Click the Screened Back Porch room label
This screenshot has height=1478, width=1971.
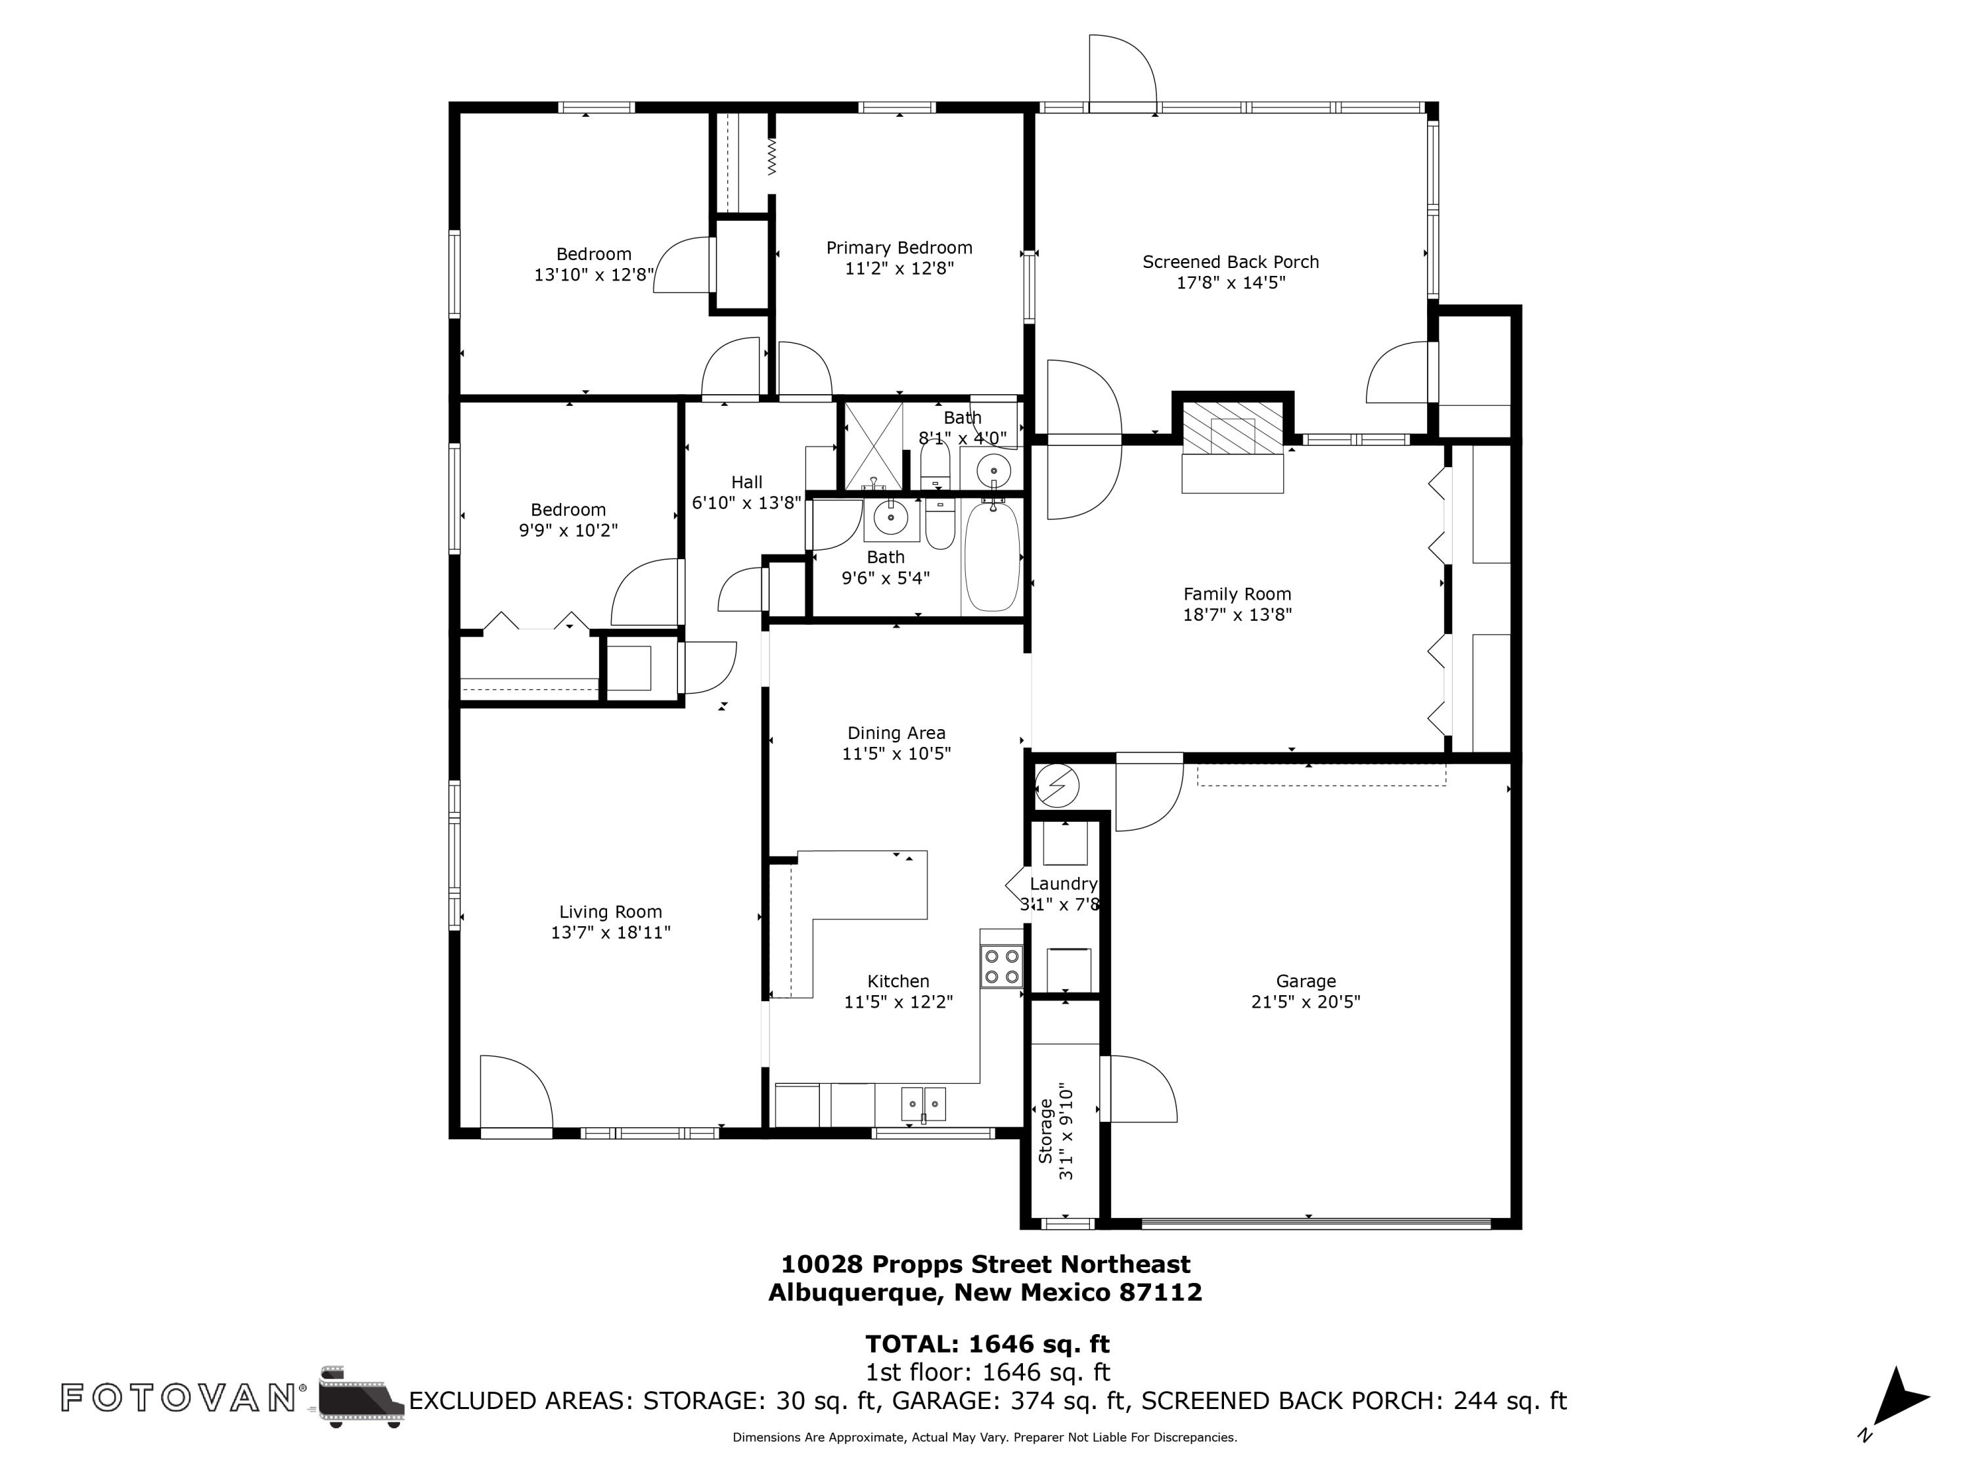click(1231, 262)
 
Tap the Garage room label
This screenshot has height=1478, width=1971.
click(1305, 981)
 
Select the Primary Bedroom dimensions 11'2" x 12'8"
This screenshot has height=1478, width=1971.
click(899, 268)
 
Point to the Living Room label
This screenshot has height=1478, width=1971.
click(610, 911)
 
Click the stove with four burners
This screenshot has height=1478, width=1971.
click(1001, 967)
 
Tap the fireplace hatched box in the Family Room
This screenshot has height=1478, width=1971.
click(1233, 424)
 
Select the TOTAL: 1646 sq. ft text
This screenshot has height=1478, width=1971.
click(987, 1343)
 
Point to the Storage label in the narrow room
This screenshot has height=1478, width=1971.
click(1045, 1131)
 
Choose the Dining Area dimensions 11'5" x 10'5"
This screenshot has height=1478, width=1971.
click(896, 753)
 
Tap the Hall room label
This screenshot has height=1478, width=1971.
click(747, 482)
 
